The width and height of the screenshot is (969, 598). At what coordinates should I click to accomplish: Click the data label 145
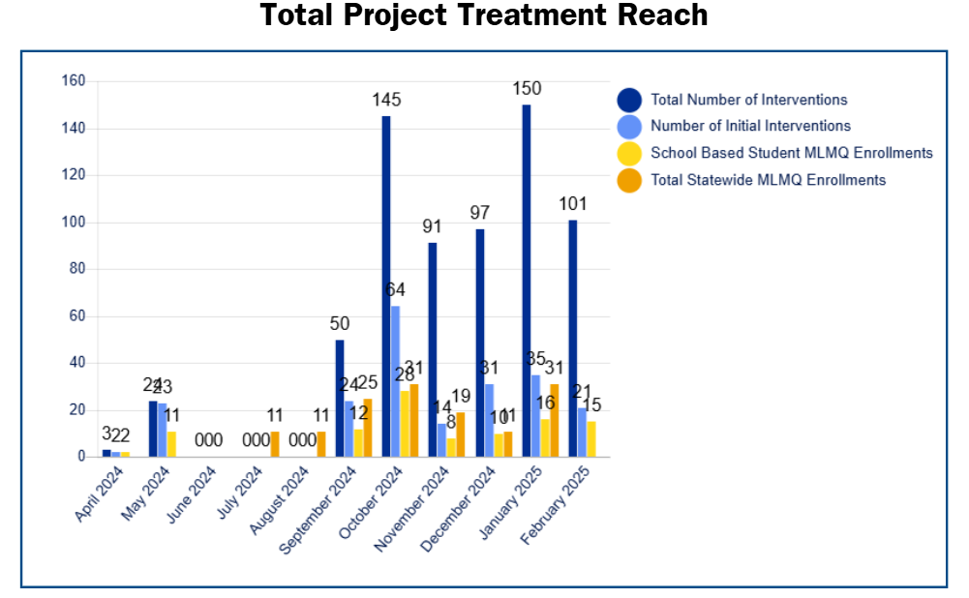pyautogui.click(x=386, y=100)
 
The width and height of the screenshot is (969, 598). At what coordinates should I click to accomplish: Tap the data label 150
pyautogui.click(x=527, y=88)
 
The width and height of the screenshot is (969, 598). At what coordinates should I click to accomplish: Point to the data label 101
pyautogui.click(x=573, y=203)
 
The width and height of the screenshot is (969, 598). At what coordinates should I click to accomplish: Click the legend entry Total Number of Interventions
pyautogui.click(x=748, y=100)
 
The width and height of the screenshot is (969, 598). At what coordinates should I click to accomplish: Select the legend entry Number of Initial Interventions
pyautogui.click(x=750, y=126)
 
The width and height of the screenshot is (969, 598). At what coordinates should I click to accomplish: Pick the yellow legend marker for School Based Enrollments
pyautogui.click(x=630, y=153)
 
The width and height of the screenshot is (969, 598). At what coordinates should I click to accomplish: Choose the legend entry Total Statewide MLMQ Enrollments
pyautogui.click(x=768, y=179)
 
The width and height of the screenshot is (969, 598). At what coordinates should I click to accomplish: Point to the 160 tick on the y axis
pyautogui.click(x=74, y=81)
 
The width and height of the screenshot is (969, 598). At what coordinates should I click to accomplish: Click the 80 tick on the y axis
pyautogui.click(x=76, y=269)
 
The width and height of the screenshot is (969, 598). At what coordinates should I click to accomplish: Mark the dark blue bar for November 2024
pyautogui.click(x=433, y=349)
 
